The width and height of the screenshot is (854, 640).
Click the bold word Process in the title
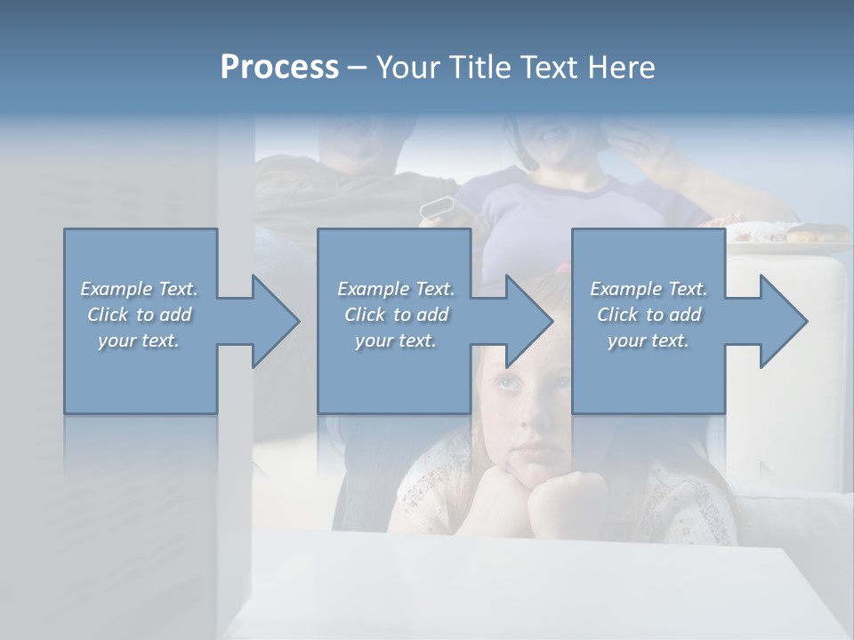pyautogui.click(x=279, y=68)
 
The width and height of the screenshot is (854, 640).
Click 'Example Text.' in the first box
pyautogui.click(x=139, y=289)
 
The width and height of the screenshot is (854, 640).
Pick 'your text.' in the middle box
pyautogui.click(x=395, y=340)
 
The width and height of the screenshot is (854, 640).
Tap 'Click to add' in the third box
pyautogui.click(x=649, y=315)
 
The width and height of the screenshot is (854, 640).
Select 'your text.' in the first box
pyautogui.click(x=139, y=340)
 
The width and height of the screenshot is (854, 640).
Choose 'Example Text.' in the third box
pyautogui.click(x=649, y=289)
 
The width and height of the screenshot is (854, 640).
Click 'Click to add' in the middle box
pyautogui.click(x=395, y=315)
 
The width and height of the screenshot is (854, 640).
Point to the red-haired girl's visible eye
pyautogui.click(x=507, y=383)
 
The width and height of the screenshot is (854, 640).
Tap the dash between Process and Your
pyautogui.click(x=357, y=68)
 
